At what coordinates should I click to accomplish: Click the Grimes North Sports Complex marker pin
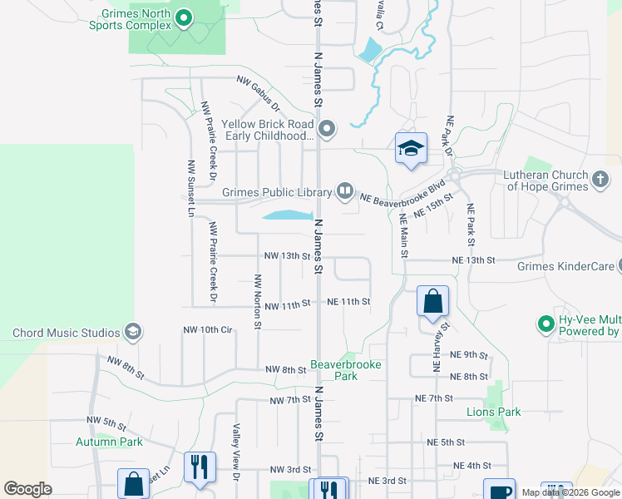185,16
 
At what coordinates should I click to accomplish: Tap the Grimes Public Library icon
345,192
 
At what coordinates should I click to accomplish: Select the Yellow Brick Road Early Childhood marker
327,129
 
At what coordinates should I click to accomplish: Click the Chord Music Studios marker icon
132,333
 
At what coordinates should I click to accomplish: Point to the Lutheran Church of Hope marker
600,179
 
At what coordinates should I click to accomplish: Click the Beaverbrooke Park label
333,370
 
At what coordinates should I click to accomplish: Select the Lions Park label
494,412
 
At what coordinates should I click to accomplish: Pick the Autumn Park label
109,442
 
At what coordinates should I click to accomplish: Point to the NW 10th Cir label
207,330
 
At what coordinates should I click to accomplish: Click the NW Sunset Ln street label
191,188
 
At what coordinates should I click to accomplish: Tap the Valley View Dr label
236,452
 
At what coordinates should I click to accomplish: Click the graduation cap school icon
411,150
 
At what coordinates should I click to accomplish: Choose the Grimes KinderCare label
565,267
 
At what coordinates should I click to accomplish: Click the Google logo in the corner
27,489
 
